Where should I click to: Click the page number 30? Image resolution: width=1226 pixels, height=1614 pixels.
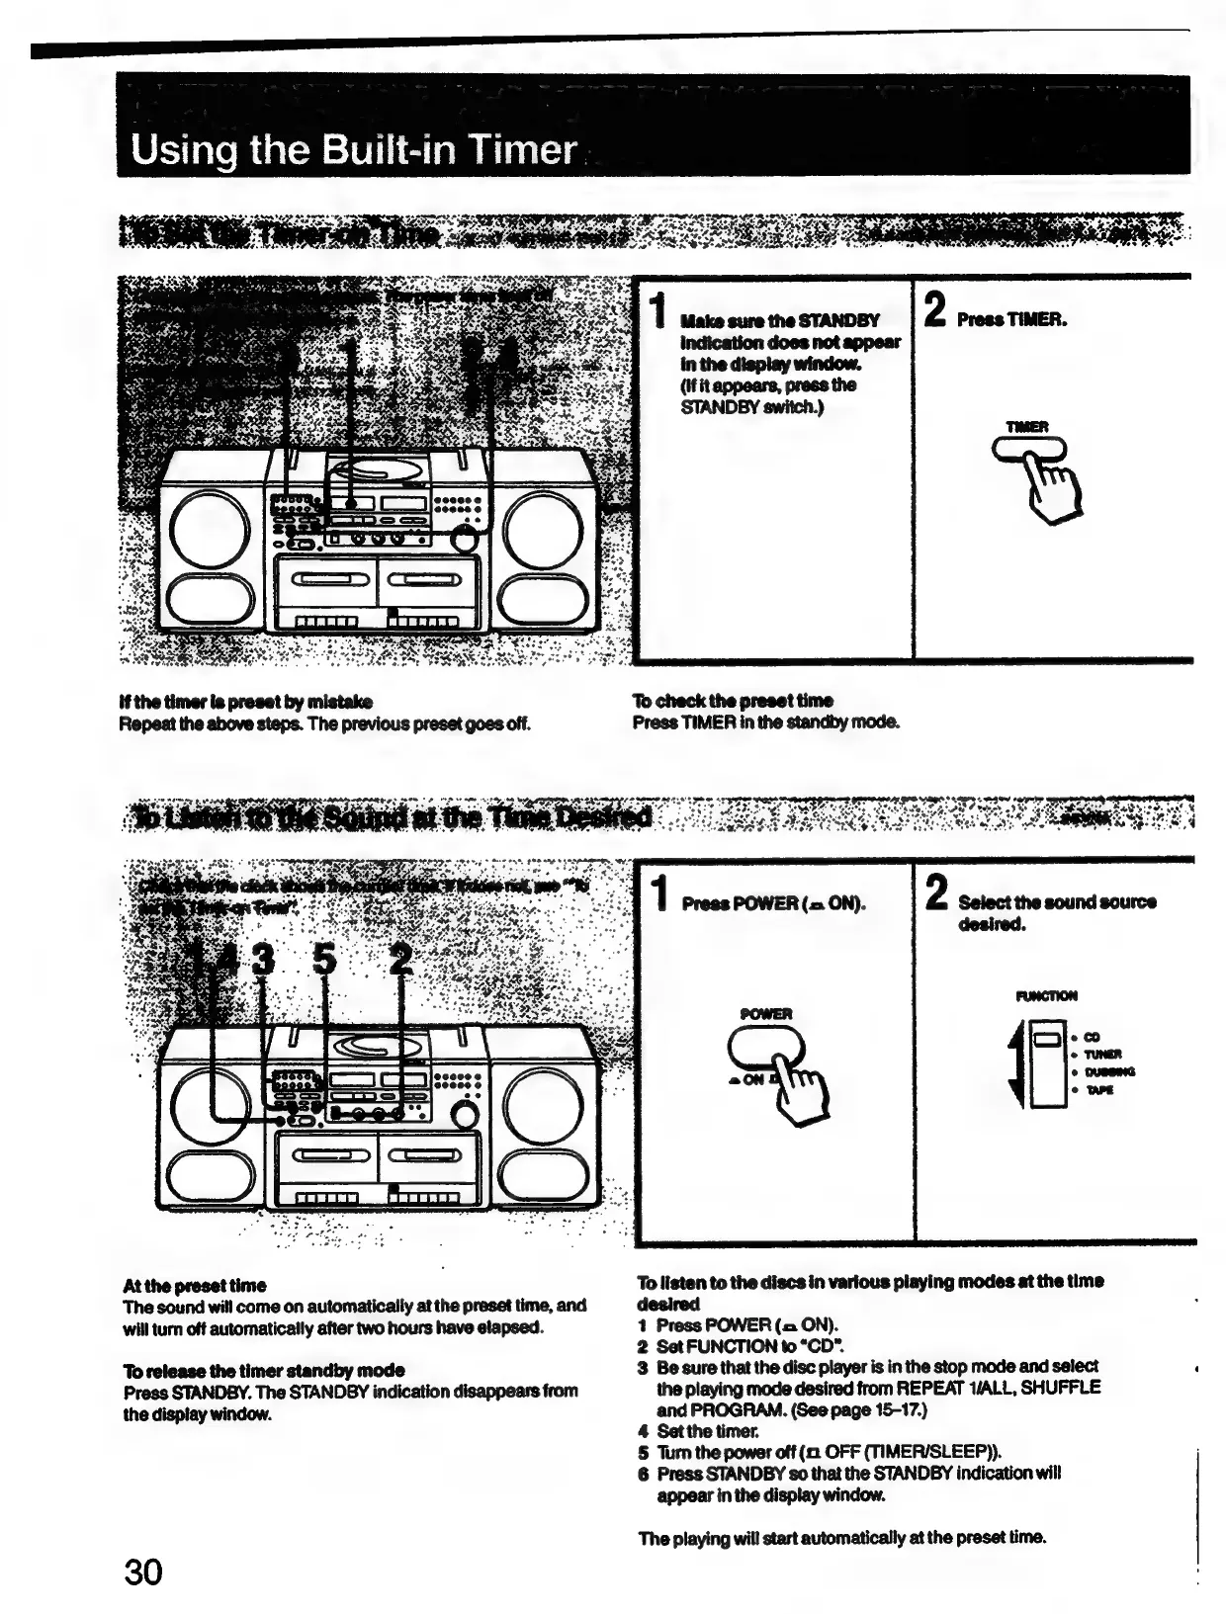(143, 1571)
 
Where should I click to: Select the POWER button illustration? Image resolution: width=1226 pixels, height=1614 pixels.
(763, 1045)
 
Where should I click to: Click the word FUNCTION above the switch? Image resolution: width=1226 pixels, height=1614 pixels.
(1046, 995)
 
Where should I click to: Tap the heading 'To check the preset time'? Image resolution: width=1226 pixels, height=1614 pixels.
(733, 701)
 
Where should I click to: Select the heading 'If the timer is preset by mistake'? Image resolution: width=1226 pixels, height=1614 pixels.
(245, 702)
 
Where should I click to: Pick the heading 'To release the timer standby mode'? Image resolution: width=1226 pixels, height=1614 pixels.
(264, 1370)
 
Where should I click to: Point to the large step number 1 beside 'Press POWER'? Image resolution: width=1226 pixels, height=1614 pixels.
(657, 893)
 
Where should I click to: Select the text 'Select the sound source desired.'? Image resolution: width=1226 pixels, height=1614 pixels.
(1056, 912)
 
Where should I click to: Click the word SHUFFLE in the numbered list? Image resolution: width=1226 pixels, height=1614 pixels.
(1060, 1388)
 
